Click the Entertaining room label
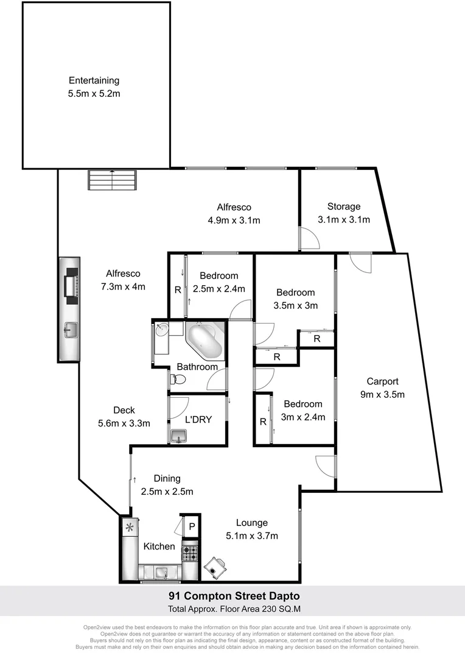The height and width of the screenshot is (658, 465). tap(94, 80)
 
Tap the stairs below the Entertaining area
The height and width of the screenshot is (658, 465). tap(112, 180)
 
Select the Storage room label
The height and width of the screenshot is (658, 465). tap(344, 207)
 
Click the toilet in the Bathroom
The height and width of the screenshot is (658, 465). tap(178, 380)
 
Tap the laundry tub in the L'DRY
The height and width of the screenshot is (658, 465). tap(178, 435)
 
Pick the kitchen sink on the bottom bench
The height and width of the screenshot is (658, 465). tap(162, 572)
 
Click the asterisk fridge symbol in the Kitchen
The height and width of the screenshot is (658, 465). tap(129, 528)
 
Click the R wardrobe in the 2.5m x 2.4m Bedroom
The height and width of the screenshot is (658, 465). tap(177, 291)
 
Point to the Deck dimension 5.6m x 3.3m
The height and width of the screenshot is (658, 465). tap(124, 423)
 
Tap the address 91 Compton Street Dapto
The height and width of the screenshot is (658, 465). tap(234, 596)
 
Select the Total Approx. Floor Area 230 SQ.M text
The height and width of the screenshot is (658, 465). tap(234, 609)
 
